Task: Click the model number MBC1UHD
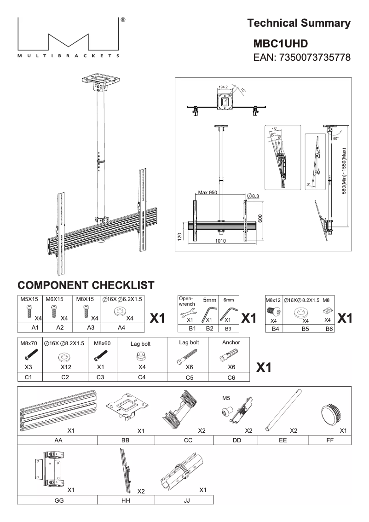coord(281,44)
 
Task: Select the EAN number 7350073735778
coord(302,58)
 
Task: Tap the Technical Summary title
coord(299,23)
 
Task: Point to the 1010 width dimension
coord(220,240)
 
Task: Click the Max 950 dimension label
coord(207,192)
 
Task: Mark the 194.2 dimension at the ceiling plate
coord(224,87)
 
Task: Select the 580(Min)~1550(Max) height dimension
coord(344,171)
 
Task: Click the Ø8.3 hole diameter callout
coord(253,196)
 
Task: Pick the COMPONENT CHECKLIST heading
coord(86,285)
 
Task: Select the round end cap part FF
coord(329,411)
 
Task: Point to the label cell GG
coord(58,500)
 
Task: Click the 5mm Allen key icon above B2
coord(209,312)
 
